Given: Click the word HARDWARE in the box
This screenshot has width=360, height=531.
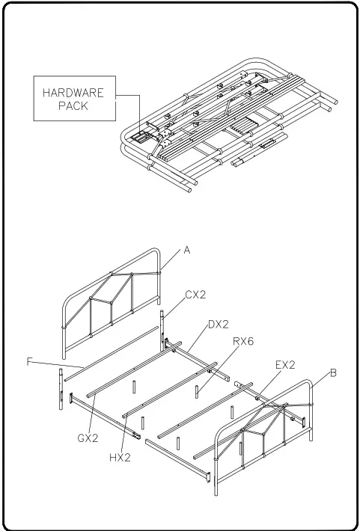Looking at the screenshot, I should click(x=73, y=93).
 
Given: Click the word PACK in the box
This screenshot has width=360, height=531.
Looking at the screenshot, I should click(x=73, y=106).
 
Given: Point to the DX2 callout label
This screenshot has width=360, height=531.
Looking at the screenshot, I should click(x=218, y=325).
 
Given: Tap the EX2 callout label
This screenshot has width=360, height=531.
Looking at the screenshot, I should click(x=286, y=365).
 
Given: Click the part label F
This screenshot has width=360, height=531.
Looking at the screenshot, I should click(x=29, y=362).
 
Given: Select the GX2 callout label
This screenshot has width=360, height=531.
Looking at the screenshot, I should click(x=88, y=438).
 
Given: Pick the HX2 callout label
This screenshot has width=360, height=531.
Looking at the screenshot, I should click(x=120, y=457).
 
